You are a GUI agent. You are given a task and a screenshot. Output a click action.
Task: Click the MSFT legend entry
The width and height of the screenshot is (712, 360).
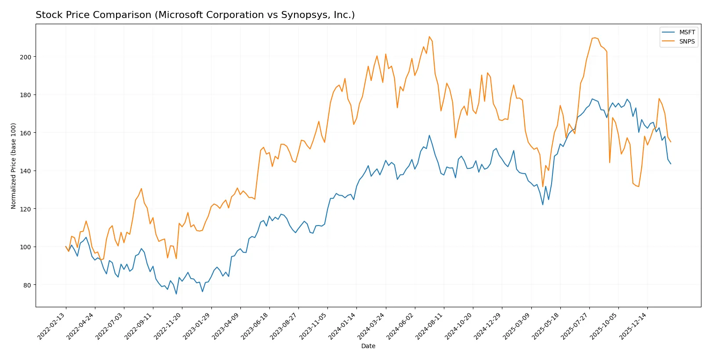pyautogui.click(x=687, y=32)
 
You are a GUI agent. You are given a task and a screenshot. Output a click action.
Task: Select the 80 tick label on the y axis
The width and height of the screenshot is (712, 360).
pyautogui.click(x=27, y=285)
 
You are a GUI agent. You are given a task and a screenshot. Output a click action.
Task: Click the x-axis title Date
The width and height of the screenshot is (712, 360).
pyautogui.click(x=368, y=346)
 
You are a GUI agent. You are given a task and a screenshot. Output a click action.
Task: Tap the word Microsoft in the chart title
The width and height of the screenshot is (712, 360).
pyautogui.click(x=180, y=15)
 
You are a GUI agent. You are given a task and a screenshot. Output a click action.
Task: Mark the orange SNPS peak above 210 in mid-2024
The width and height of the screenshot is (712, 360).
pyautogui.click(x=429, y=36)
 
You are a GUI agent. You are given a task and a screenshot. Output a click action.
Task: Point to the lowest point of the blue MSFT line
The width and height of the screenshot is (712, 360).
pyautogui.click(x=176, y=294)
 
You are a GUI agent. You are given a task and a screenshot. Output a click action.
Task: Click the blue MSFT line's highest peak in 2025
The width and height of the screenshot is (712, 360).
pyautogui.click(x=592, y=99)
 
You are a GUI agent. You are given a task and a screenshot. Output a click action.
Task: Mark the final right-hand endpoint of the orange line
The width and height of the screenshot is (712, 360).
pyautogui.click(x=671, y=142)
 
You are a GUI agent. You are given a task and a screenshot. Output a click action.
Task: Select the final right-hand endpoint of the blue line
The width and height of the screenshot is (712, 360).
pyautogui.click(x=671, y=164)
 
